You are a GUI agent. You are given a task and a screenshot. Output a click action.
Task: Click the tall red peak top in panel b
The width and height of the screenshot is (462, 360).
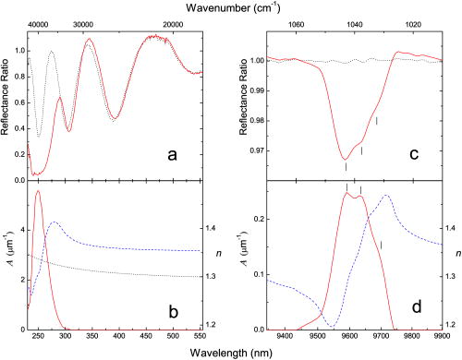click(38, 191)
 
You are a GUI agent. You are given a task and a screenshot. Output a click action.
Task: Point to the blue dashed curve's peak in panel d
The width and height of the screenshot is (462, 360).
click(387, 196)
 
